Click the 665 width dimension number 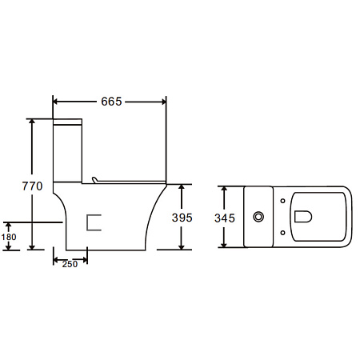(111, 102)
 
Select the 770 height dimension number (32, 186)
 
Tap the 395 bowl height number (182, 218)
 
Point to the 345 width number (225, 218)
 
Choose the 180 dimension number (9, 237)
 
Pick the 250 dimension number (70, 264)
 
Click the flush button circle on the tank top (258, 217)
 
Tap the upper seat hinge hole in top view (282, 201)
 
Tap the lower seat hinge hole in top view (282, 233)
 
